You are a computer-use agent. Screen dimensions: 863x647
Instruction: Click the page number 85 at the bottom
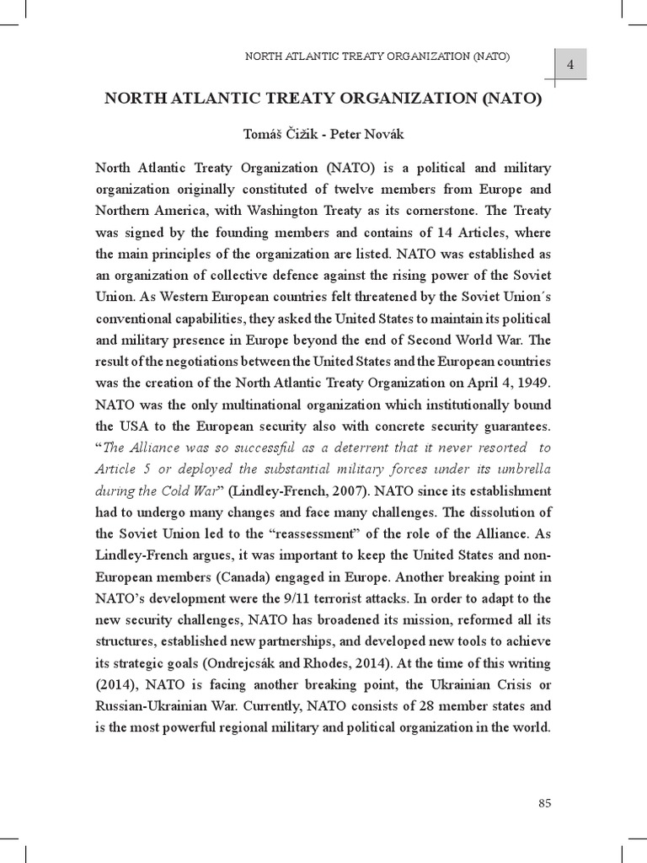coord(544,803)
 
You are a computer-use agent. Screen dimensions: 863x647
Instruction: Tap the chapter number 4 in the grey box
coord(569,65)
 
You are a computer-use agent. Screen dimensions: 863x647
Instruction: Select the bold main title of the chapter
coord(322,98)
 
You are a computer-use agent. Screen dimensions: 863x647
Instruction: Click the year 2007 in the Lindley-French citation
coord(347,490)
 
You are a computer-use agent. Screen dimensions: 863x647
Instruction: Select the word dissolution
coord(492,512)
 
